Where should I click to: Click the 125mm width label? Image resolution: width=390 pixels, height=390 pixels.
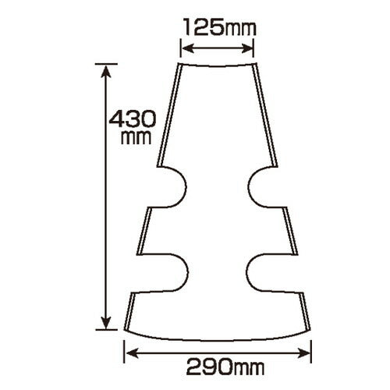220,27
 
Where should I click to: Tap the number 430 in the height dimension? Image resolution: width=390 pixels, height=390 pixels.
133,119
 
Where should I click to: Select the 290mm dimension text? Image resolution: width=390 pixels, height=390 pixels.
225,367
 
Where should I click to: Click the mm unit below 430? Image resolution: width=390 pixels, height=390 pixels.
136,137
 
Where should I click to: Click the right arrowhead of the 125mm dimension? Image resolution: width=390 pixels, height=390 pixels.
247,48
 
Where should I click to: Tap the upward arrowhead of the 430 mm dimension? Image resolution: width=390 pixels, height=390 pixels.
106,72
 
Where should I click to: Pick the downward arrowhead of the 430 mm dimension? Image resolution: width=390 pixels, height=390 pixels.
106,322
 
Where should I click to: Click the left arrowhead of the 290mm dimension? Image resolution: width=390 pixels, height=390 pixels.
132,353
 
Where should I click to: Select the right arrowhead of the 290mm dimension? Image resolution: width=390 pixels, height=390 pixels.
303,353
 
